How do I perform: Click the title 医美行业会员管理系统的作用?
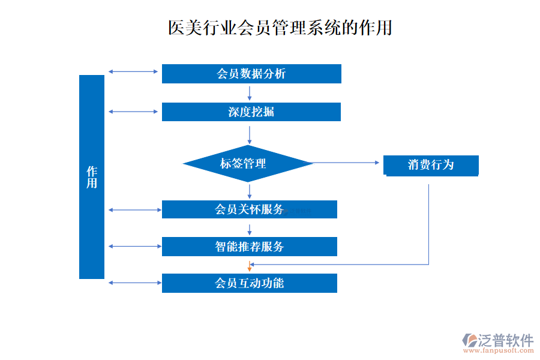point(280,28)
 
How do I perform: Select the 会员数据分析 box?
point(251,74)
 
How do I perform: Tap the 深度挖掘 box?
point(251,112)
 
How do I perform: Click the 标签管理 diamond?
point(247,163)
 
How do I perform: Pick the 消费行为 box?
point(431,165)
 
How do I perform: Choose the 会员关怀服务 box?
point(249,209)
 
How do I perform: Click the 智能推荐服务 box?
point(249,246)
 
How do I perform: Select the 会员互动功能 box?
point(249,283)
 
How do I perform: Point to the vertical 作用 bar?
point(92,177)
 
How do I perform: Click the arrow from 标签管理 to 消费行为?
point(346,163)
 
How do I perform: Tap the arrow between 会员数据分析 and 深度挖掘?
point(250,92)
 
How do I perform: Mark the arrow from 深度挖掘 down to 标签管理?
point(250,133)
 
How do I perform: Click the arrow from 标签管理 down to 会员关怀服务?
point(250,191)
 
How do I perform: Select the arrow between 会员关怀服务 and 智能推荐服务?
point(250,228)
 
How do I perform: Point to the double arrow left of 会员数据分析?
point(133,72)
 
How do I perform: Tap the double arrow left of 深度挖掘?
point(133,112)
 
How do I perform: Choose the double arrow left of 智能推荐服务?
point(133,246)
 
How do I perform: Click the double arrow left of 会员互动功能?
point(133,283)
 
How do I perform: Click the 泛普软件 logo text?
point(505,341)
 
